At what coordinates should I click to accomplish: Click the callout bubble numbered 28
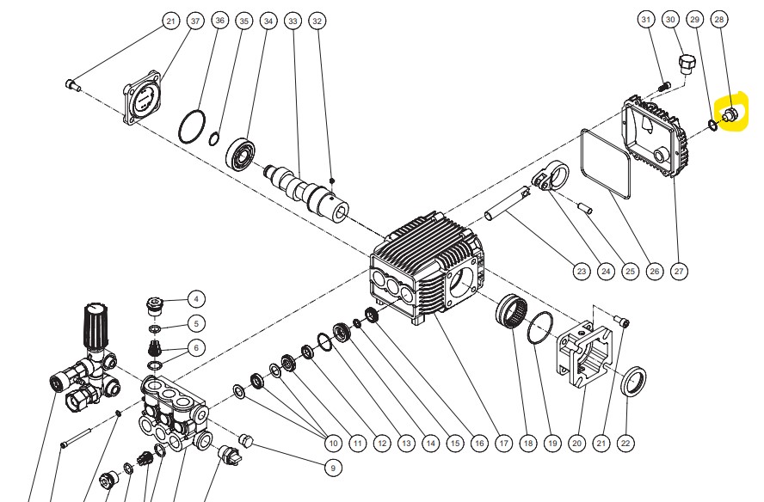[720, 19]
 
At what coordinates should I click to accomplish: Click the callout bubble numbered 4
[196, 299]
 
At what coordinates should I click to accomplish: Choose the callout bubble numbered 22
[626, 443]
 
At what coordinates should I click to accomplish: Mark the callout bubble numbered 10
[334, 443]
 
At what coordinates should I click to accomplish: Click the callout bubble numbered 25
[630, 272]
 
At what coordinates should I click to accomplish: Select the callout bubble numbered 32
[317, 20]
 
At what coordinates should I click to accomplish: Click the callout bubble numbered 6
[196, 347]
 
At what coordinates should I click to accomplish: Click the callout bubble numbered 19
[552, 443]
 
